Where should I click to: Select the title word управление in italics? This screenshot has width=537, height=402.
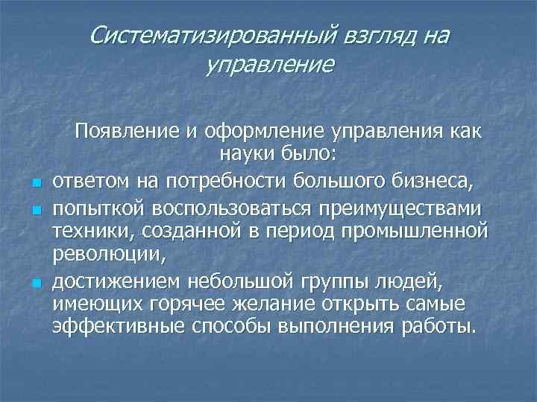[x=268, y=66]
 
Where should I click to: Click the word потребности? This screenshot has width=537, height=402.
[x=208, y=179]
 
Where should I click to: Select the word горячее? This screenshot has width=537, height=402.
[x=186, y=305]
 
